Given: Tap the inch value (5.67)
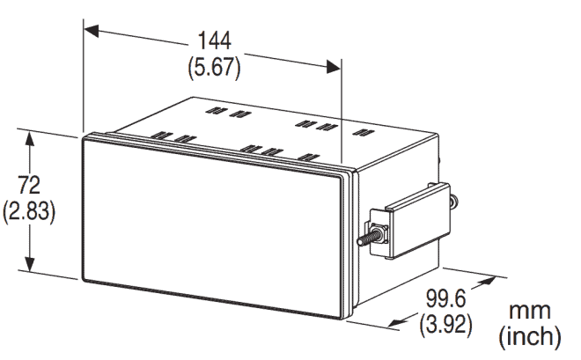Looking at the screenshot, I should (212, 67).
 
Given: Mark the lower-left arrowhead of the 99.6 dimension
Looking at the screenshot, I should (395, 319).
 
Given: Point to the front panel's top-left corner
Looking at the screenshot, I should (83, 137).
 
